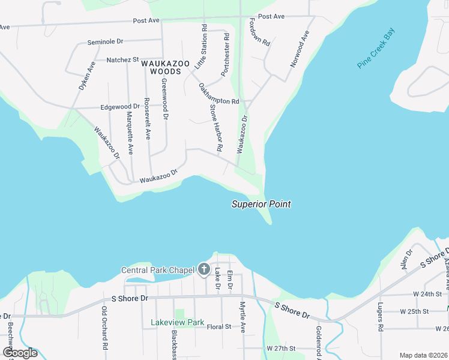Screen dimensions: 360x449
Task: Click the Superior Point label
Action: pos(261,205)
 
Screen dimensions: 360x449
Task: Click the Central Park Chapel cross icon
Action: pos(203,269)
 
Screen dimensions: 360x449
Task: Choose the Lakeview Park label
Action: pos(178,323)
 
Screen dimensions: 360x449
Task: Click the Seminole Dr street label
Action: pos(104,42)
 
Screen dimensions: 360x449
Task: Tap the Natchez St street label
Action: pos(122,60)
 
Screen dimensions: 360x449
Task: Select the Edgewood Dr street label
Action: pos(120,106)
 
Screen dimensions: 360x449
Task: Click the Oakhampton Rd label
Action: pos(218,94)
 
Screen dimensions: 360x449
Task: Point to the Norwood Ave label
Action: pos(299,48)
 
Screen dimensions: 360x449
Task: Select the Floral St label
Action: pos(218,327)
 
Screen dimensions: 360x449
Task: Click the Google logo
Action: pos(20,353)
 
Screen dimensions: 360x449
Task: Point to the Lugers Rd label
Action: pos(380,322)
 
